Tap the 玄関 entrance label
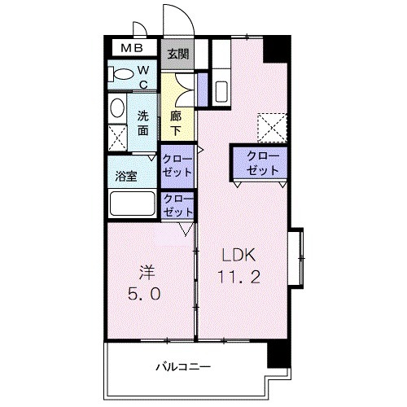pyautogui.click(x=177, y=55)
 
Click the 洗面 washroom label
pyautogui.click(x=143, y=122)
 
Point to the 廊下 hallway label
pyautogui.click(x=176, y=122)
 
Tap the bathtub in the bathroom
pyautogui.click(x=133, y=203)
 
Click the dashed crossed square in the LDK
pyautogui.click(x=269, y=126)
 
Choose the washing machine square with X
pyautogui.click(x=118, y=137)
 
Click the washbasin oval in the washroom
pyautogui.click(x=117, y=108)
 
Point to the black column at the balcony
pyautogui.click(x=278, y=356)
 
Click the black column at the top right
pyautogui.click(x=276, y=48)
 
